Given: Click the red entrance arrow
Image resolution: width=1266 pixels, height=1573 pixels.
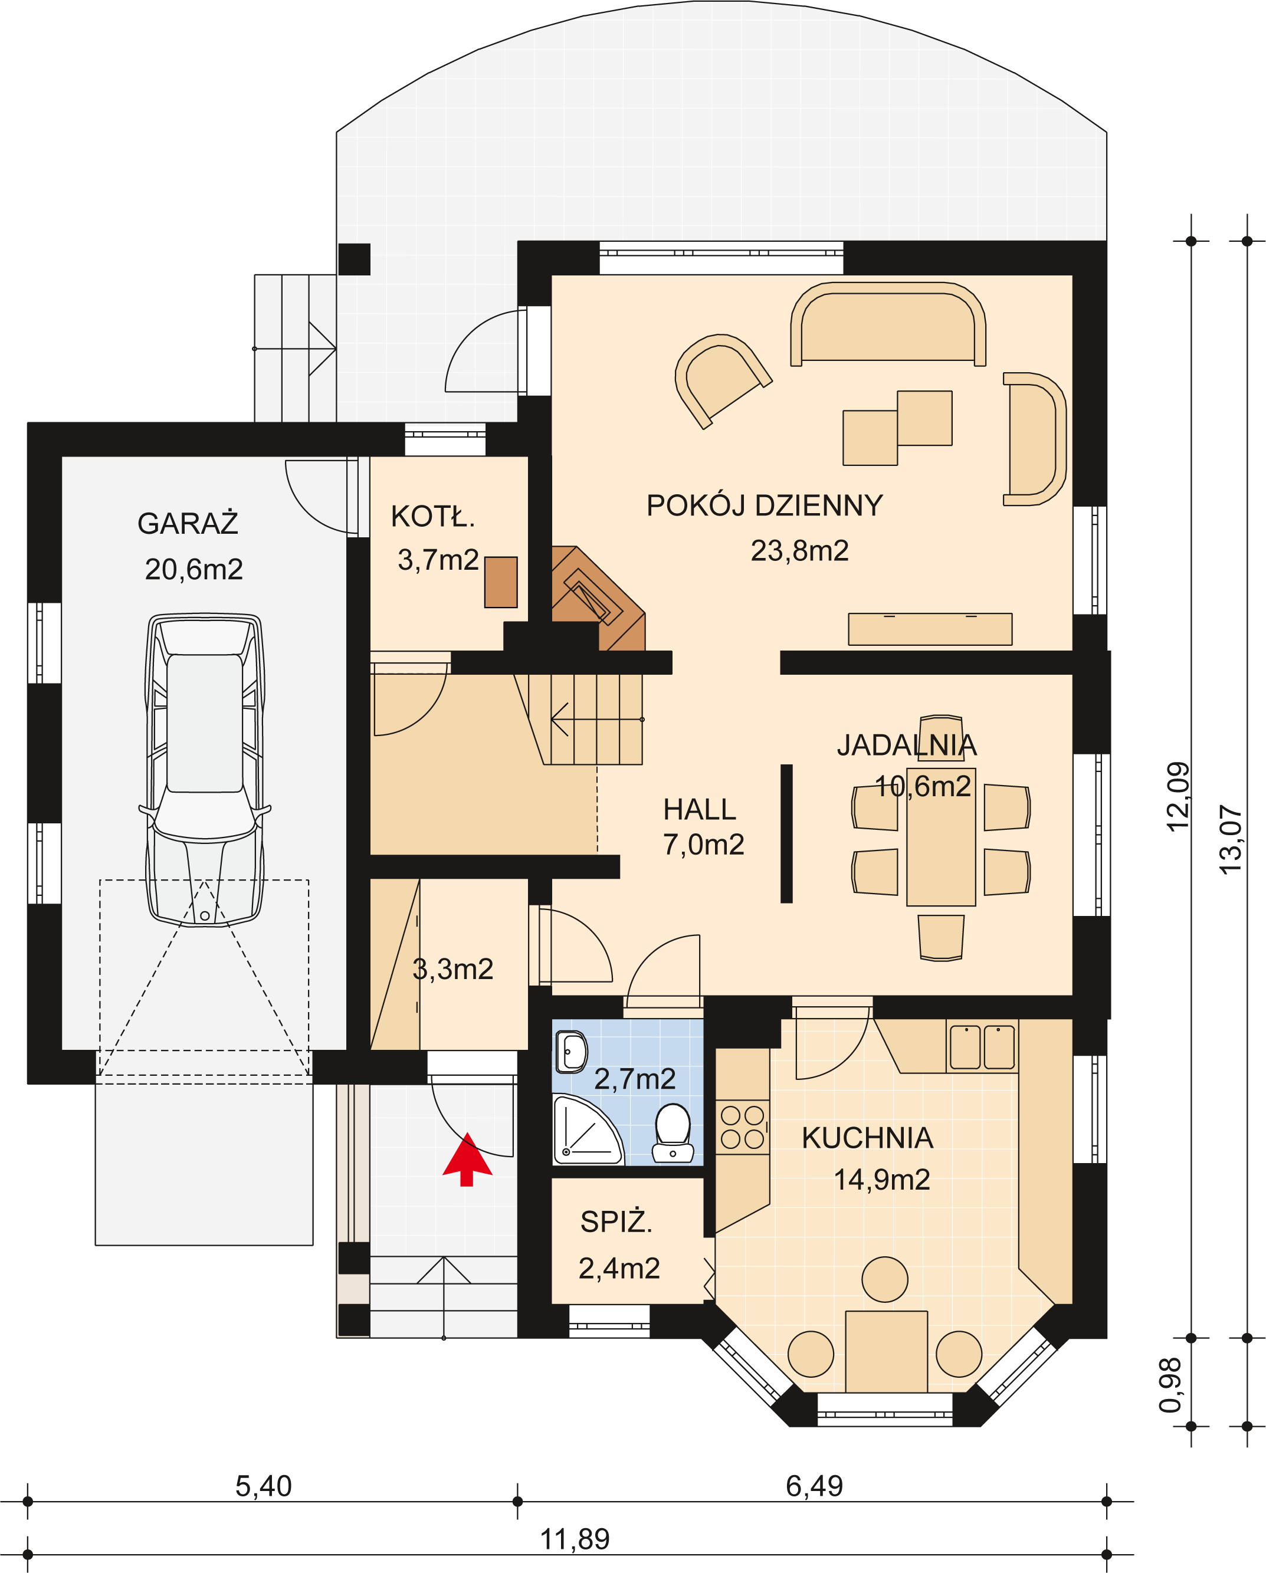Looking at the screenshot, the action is [x=467, y=1160].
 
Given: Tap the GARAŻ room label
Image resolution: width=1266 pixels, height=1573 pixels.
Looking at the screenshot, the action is [x=188, y=523].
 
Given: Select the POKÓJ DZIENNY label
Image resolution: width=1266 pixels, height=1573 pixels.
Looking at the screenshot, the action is [x=765, y=505].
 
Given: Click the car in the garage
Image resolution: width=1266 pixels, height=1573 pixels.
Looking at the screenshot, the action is [x=205, y=770].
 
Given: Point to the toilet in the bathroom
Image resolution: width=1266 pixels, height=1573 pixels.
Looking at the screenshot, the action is [x=673, y=1132].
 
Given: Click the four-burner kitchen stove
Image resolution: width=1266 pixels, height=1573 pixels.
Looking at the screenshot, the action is [x=743, y=1127].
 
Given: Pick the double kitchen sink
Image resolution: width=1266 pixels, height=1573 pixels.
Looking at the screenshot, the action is [x=982, y=1047].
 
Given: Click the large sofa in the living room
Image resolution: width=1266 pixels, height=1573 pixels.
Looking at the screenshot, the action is [x=888, y=324].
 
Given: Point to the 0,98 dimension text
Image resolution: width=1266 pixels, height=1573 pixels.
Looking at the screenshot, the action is [x=1170, y=1385].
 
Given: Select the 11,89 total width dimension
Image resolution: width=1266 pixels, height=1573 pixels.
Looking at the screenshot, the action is [x=575, y=1539].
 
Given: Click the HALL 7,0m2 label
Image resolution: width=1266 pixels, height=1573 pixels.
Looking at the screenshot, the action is [x=703, y=827].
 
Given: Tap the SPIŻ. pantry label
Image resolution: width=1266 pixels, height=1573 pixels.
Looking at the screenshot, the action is [x=616, y=1222].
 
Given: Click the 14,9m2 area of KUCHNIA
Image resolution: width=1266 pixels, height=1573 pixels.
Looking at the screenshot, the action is [x=882, y=1180].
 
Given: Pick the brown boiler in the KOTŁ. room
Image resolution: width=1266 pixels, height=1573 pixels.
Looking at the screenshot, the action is [x=501, y=582].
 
